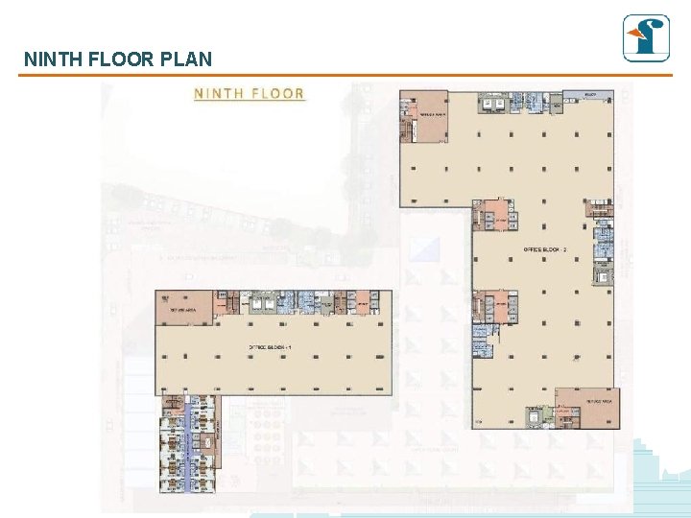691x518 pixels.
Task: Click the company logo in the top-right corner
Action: pos(646,38)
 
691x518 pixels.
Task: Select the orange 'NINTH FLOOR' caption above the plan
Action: pos(250,94)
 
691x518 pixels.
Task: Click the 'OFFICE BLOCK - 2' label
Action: pos(545,250)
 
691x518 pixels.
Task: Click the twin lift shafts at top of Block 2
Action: pos(496,104)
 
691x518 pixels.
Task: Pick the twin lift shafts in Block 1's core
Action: pos(262,302)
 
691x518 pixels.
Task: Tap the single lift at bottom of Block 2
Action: pos(533,415)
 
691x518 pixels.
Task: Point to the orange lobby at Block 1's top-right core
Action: pos(363,302)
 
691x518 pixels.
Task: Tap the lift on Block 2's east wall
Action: pos(604,277)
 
